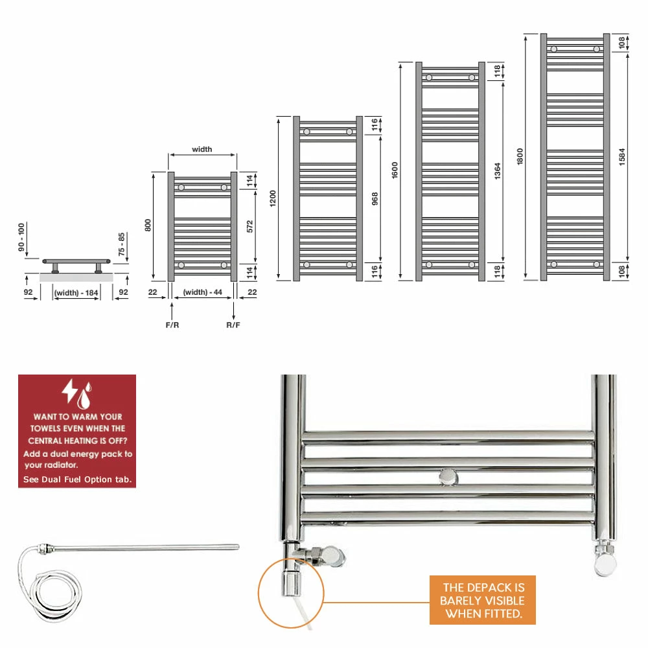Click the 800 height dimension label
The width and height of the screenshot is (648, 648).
148,226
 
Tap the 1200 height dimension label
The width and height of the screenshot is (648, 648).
273,198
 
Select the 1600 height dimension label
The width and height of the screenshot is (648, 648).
395,170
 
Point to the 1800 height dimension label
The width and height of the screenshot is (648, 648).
520,157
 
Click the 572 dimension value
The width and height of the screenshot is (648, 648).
249,226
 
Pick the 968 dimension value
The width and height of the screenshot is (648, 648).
375,199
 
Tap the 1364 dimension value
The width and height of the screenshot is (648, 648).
498,170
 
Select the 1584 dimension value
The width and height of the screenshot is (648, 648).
622,157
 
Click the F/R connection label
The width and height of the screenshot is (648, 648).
172,325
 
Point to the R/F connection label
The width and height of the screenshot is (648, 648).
233,325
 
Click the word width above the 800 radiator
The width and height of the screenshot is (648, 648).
202,149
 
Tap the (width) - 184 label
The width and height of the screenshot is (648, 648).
76,293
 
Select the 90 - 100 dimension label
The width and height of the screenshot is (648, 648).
21,237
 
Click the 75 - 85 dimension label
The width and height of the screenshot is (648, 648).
121,244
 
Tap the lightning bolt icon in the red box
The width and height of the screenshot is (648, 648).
69,391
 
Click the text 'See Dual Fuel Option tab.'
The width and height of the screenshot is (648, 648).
77,480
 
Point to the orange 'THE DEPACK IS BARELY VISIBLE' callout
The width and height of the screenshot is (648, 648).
483,601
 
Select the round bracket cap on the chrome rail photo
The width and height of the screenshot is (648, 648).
448,478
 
